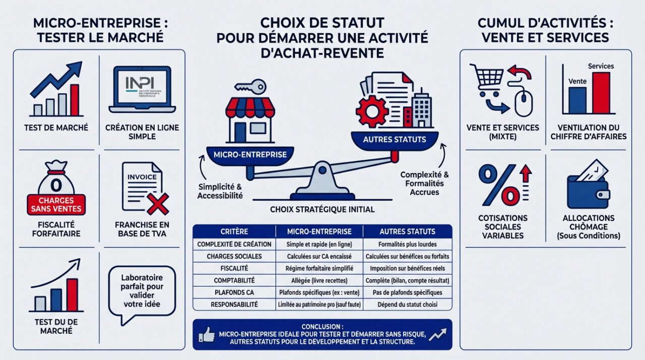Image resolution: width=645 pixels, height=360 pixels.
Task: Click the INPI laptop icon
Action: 142,89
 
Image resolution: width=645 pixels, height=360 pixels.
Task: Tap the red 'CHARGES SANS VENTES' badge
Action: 55,204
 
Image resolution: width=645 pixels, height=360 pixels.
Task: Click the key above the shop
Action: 251,86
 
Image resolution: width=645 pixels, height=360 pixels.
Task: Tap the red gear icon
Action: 372,110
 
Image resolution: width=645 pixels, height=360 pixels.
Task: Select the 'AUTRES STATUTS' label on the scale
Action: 394,139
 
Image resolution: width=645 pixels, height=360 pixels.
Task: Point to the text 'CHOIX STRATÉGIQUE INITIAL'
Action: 322,209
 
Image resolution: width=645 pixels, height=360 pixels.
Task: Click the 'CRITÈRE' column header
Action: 234,231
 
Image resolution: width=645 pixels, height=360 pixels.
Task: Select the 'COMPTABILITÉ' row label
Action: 234,280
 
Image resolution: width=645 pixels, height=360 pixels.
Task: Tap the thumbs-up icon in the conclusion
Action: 207,334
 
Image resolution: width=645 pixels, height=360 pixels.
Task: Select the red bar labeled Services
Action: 601,93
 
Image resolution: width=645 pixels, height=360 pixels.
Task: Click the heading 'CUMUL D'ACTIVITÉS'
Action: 545,23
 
